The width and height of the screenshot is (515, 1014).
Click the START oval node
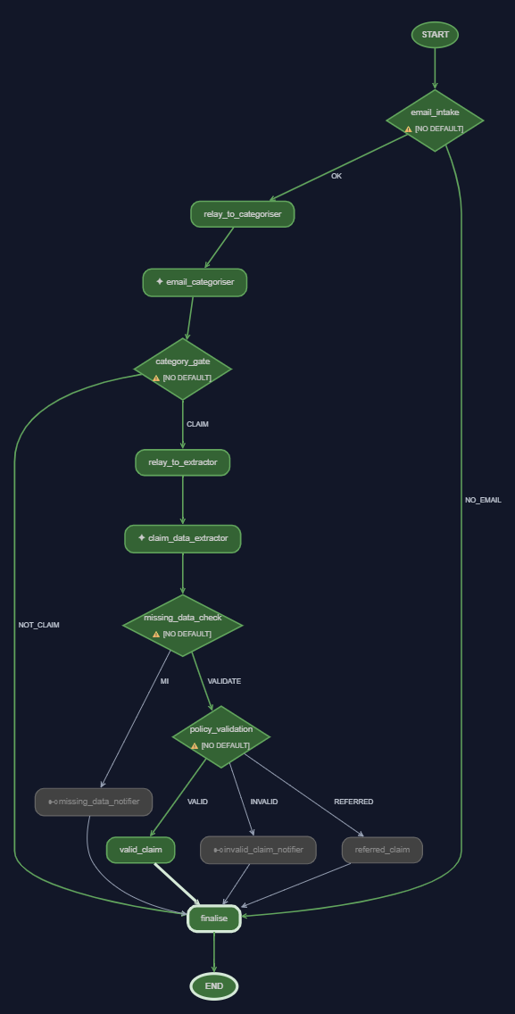(435, 35)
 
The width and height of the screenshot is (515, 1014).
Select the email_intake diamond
(435, 121)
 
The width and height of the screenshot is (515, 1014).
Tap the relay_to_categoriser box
(243, 214)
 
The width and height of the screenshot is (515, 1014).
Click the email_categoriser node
(195, 283)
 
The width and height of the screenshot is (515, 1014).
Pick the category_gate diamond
(182, 369)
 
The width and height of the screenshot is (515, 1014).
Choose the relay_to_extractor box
(182, 462)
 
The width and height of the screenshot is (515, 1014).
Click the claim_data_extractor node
(182, 539)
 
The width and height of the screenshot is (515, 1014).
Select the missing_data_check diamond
(182, 626)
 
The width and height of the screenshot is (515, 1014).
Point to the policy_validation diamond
(221, 736)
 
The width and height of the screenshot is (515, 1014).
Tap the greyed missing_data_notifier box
(94, 802)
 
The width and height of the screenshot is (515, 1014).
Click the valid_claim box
(140, 850)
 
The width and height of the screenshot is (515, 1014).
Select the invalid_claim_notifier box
(258, 850)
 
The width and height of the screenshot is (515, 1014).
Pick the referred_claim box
(382, 850)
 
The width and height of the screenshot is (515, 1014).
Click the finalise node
(214, 918)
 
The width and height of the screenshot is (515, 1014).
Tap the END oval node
(214, 986)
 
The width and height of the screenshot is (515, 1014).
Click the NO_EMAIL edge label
(483, 500)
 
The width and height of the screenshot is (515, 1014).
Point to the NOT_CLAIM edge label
(38, 626)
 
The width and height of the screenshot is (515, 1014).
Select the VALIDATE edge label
(224, 681)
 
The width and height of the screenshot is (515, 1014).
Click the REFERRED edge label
(353, 802)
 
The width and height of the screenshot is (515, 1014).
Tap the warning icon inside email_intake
(408, 129)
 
